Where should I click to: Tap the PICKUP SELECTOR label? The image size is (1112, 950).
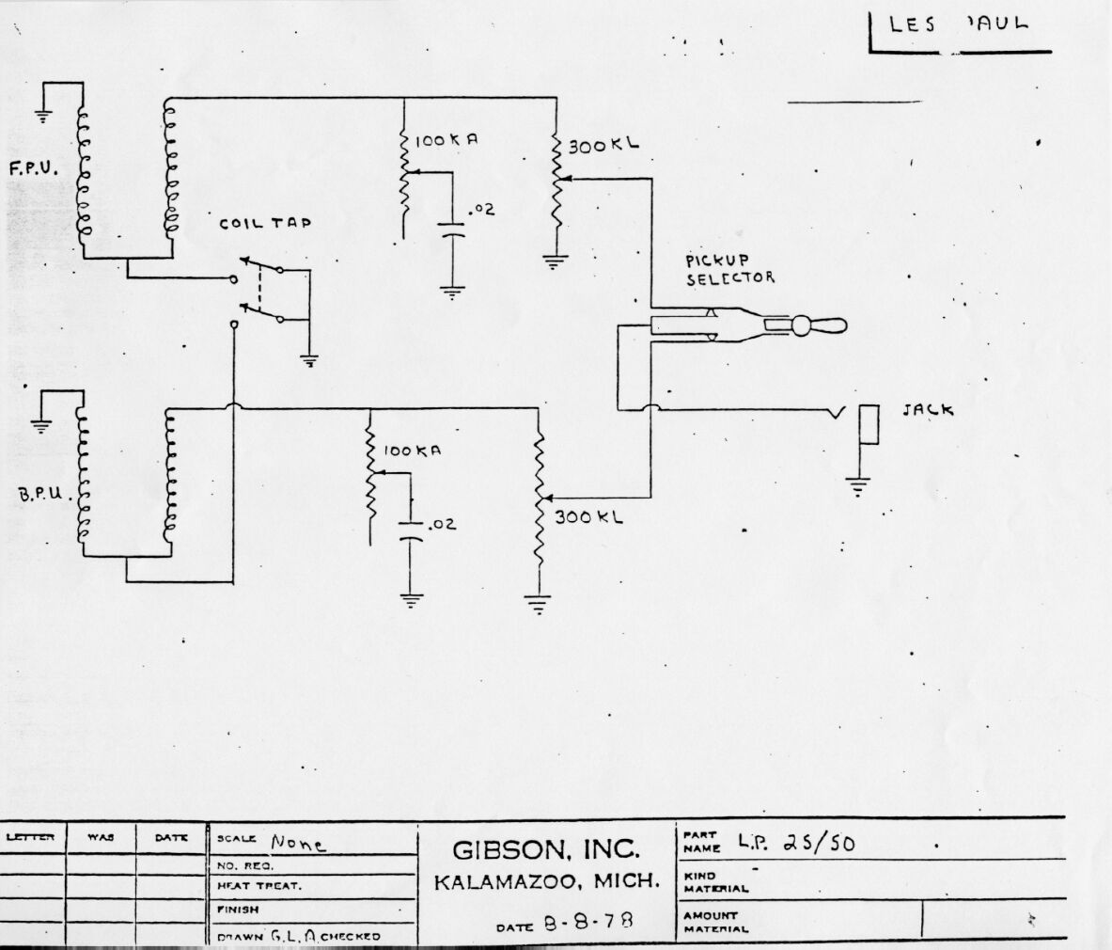coord(729,270)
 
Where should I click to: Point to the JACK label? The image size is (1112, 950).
coord(928,410)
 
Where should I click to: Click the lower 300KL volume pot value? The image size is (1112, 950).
coord(588,516)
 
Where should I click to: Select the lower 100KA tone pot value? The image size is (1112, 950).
coord(412,451)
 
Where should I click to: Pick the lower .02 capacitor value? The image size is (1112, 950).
coord(440,524)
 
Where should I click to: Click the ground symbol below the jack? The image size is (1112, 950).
coord(857,486)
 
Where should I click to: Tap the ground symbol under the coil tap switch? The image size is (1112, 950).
coord(308,358)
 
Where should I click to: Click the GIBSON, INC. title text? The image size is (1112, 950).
coord(546,849)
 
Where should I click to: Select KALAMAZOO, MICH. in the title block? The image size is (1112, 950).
coord(546,883)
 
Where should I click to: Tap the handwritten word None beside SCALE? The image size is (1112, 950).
coord(298,844)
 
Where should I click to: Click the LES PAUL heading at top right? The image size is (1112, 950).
coord(959,24)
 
